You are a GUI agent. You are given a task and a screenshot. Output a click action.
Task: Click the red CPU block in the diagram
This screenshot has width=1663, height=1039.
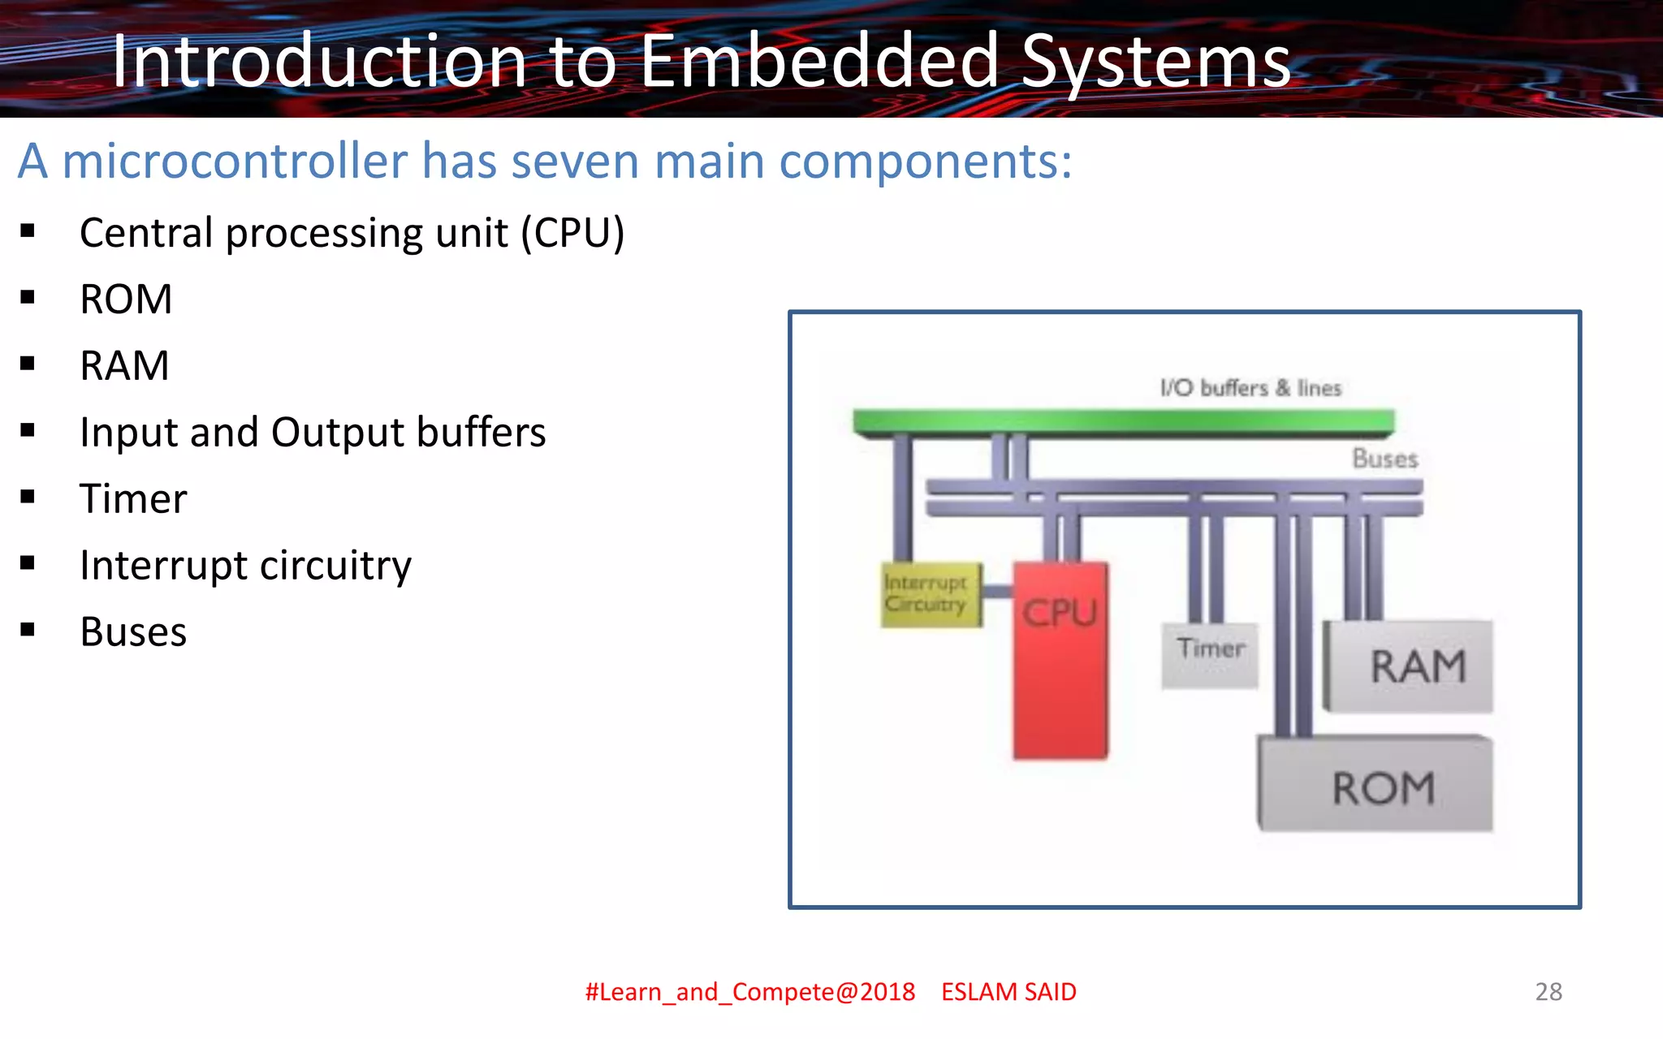coord(1060,662)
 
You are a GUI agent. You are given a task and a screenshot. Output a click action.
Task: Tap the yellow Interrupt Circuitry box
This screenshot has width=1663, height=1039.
coord(931,595)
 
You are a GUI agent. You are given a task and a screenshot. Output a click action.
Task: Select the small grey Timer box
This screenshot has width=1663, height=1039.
coord(1210,654)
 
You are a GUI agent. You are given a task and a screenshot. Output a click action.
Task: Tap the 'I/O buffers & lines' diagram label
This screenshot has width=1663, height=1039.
coord(1250,388)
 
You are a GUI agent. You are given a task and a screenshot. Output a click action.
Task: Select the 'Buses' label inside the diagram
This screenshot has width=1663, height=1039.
coord(1384,459)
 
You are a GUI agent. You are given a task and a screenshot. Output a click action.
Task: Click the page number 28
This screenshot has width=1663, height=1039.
coord(1549,991)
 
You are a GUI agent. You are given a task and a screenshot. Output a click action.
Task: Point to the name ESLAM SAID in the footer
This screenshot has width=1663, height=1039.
coord(1009,992)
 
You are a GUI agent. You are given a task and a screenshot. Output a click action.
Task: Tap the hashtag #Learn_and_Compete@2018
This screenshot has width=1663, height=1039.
coord(749,992)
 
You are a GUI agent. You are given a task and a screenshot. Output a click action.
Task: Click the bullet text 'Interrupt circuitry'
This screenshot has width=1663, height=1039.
coord(245,565)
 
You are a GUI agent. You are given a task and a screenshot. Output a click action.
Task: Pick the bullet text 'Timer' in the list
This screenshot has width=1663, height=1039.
coord(133,498)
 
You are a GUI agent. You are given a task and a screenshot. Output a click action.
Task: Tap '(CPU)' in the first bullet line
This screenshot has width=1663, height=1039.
coord(572,233)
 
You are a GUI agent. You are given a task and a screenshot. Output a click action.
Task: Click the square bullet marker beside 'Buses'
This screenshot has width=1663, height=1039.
coord(28,629)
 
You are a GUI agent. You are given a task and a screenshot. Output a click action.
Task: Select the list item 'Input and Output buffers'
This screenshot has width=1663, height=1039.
coord(313,432)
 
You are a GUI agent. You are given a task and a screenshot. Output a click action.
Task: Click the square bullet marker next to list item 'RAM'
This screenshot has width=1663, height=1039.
coord(28,363)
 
